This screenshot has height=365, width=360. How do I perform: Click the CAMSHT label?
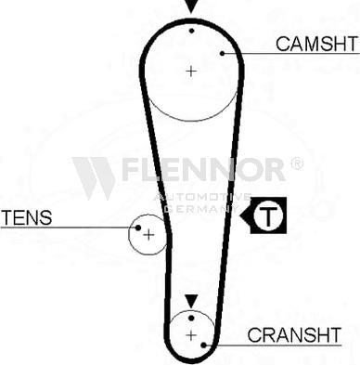tap(315, 43)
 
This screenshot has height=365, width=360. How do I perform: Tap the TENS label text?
tap(27, 218)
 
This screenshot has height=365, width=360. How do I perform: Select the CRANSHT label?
tap(302, 334)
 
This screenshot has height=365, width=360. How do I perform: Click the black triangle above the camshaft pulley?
tap(191, 7)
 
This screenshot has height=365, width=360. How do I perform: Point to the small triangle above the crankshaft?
tap(190, 301)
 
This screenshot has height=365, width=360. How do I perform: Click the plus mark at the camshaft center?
tap(191, 70)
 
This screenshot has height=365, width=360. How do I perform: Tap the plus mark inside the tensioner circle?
tap(147, 234)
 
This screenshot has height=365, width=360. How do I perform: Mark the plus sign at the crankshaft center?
tap(190, 334)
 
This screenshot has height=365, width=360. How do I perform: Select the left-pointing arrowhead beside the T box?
tap(247, 217)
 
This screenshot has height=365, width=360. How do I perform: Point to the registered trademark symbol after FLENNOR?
tap(296, 163)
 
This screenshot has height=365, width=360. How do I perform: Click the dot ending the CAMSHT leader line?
tap(223, 53)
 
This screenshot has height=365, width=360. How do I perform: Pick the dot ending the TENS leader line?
tap(137, 227)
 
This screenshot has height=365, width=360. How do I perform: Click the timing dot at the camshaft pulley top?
tap(191, 30)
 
